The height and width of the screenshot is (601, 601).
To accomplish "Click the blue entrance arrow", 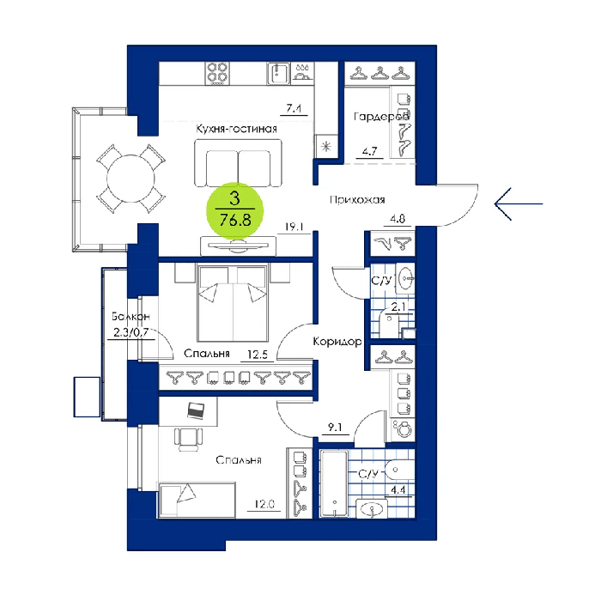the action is click(x=519, y=204).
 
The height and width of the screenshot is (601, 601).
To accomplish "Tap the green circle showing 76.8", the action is click(x=235, y=211).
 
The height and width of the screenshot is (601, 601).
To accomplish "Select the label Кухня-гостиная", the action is click(x=236, y=129).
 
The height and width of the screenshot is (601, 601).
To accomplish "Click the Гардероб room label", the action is click(x=381, y=117).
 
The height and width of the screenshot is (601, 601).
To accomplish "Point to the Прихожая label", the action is click(x=357, y=200).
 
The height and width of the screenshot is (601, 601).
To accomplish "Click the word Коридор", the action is click(x=337, y=341).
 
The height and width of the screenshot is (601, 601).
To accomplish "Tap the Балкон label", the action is click(x=131, y=317).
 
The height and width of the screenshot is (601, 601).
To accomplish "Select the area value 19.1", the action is click(x=294, y=227).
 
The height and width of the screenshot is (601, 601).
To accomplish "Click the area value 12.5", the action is click(x=258, y=355).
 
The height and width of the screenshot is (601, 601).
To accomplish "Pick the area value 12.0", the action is click(x=264, y=505).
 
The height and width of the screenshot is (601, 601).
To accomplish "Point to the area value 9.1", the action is click(x=335, y=427).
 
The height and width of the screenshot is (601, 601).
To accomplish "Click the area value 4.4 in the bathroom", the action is click(x=398, y=490).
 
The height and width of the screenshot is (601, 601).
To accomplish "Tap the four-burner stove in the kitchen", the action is click(x=217, y=73).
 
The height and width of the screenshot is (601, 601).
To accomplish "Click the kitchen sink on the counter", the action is click(x=278, y=73).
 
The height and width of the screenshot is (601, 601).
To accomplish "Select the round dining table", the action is click(x=131, y=179).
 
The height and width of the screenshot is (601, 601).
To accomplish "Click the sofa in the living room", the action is click(x=238, y=163).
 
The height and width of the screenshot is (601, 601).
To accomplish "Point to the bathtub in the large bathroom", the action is click(x=334, y=483).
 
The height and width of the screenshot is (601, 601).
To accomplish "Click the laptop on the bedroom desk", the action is click(x=196, y=411).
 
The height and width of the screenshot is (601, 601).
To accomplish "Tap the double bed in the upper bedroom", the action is click(x=233, y=302).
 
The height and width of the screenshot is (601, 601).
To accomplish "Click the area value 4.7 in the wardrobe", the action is click(x=369, y=151).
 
